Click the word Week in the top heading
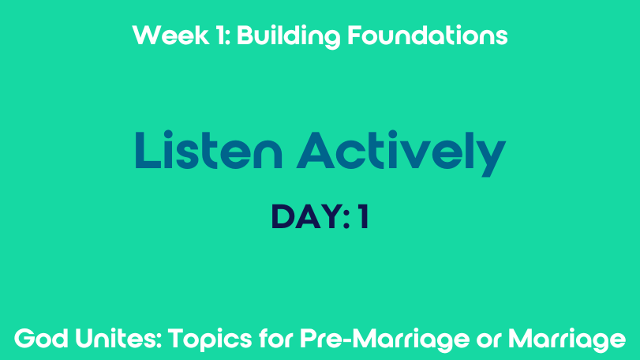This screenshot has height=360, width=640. pos(170,35)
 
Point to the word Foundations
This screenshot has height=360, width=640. pos(428,35)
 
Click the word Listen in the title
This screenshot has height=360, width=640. pos(208,150)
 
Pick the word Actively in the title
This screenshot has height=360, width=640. pos(401,153)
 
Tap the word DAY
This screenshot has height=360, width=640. pos(306,217)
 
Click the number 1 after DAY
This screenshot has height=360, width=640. pos(364,217)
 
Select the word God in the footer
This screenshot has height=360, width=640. pos(41,339)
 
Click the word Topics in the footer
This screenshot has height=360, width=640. pos(210,339)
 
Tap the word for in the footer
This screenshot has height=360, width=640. pos(276,339)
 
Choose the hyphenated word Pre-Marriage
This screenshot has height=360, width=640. pos(385,340)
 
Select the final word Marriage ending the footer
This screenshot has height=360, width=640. pos(567,340)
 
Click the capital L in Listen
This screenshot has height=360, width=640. pos(148,150)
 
